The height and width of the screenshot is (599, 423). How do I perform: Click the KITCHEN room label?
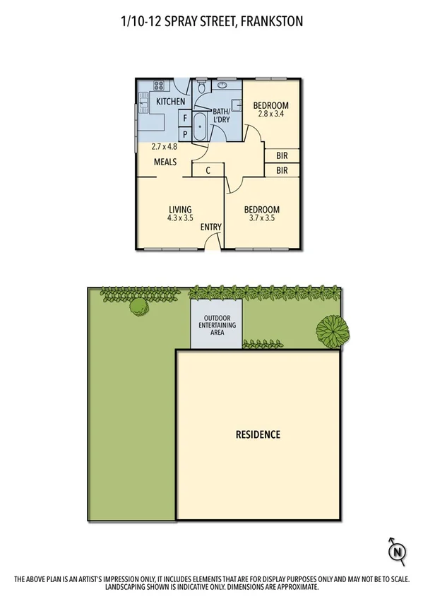[171, 102]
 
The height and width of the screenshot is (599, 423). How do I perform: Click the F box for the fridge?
[185, 119]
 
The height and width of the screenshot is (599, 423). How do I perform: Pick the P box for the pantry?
[185, 134]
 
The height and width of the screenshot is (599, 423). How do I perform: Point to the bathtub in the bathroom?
[200, 128]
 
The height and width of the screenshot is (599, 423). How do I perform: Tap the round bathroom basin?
[222, 86]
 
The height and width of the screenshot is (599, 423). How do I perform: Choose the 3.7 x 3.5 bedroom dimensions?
[262, 218]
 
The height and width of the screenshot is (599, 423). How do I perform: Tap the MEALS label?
[167, 162]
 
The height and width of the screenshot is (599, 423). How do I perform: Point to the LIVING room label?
[181, 209]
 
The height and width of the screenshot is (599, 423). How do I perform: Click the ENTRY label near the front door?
[211, 227]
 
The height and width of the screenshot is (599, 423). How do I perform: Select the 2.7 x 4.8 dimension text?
[165, 147]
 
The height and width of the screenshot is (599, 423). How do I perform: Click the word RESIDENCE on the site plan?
[258, 434]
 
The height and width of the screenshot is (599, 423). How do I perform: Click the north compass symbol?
[398, 550]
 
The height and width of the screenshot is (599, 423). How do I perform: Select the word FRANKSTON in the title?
[272, 22]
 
